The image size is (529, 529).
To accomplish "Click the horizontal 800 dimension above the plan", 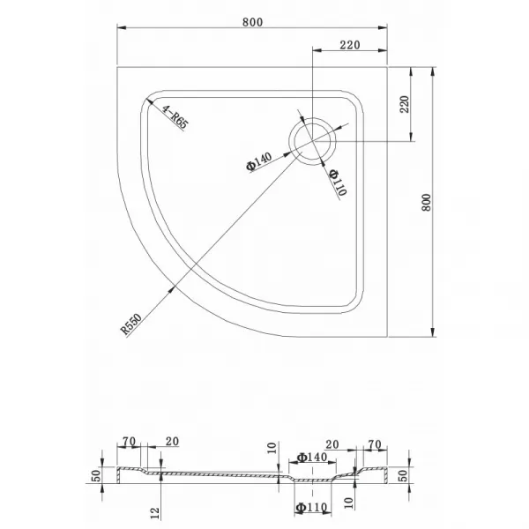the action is coord(252,22).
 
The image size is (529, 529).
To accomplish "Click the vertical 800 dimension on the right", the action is coord(427,203).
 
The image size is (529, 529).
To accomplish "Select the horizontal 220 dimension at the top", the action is coord(350,45).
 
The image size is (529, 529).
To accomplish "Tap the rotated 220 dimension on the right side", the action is coord(404,104).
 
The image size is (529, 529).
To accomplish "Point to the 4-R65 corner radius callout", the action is coord(175,116).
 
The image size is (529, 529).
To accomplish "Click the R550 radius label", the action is coord(131,324).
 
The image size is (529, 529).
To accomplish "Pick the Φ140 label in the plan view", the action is coord(258,161).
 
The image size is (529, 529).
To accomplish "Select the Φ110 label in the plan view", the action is coord(338,183).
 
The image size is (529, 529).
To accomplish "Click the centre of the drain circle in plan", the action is coord(312,141).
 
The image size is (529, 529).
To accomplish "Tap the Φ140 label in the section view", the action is coord(312,457).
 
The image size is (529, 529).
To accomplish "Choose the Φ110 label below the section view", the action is coord(311,508).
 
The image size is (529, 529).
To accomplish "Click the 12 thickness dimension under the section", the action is coord(154,513).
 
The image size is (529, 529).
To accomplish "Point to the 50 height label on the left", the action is coord(96,476).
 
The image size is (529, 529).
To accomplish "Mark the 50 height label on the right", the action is coord(403,476).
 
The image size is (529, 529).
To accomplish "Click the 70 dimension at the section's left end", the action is coord(129,442).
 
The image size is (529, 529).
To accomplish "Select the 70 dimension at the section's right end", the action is coord(375,444).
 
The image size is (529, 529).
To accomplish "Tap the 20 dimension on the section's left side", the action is coord(172,442).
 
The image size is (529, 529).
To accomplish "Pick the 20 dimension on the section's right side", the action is coord(332,444).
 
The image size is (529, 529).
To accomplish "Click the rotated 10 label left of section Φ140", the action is coord(272,448).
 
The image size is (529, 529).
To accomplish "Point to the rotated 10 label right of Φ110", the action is coord(349,503).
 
